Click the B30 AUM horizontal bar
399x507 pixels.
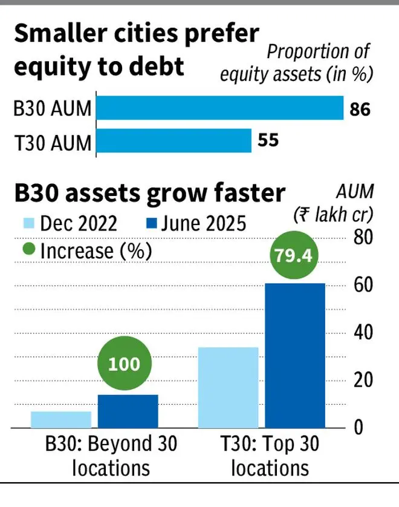[x=219, y=108]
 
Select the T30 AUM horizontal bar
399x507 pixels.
[x=174, y=141]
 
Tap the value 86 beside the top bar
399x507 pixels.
[x=360, y=110]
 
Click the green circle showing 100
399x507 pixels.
[x=125, y=364]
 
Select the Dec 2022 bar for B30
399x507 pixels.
[x=60, y=419]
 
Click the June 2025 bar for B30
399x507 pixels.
[x=128, y=411]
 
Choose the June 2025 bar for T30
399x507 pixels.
[x=296, y=355]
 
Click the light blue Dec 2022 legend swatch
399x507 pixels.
[x=28, y=224]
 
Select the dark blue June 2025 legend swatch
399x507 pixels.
[x=152, y=224]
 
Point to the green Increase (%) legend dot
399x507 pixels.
[x=28, y=250]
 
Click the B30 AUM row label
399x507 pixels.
[x=53, y=110]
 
